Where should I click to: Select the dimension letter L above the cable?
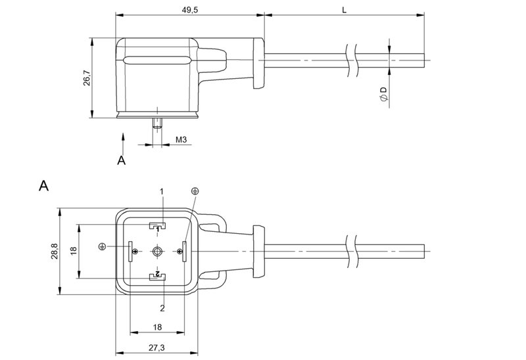click(345, 9)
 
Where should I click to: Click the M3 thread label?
click(182, 140)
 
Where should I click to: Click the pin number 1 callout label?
click(160, 191)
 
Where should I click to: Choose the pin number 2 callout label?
click(160, 307)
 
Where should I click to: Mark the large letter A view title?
click(43, 186)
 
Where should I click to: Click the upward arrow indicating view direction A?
click(122, 140)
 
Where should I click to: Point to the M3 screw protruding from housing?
click(157, 123)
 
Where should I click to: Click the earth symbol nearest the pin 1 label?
click(195, 191)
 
